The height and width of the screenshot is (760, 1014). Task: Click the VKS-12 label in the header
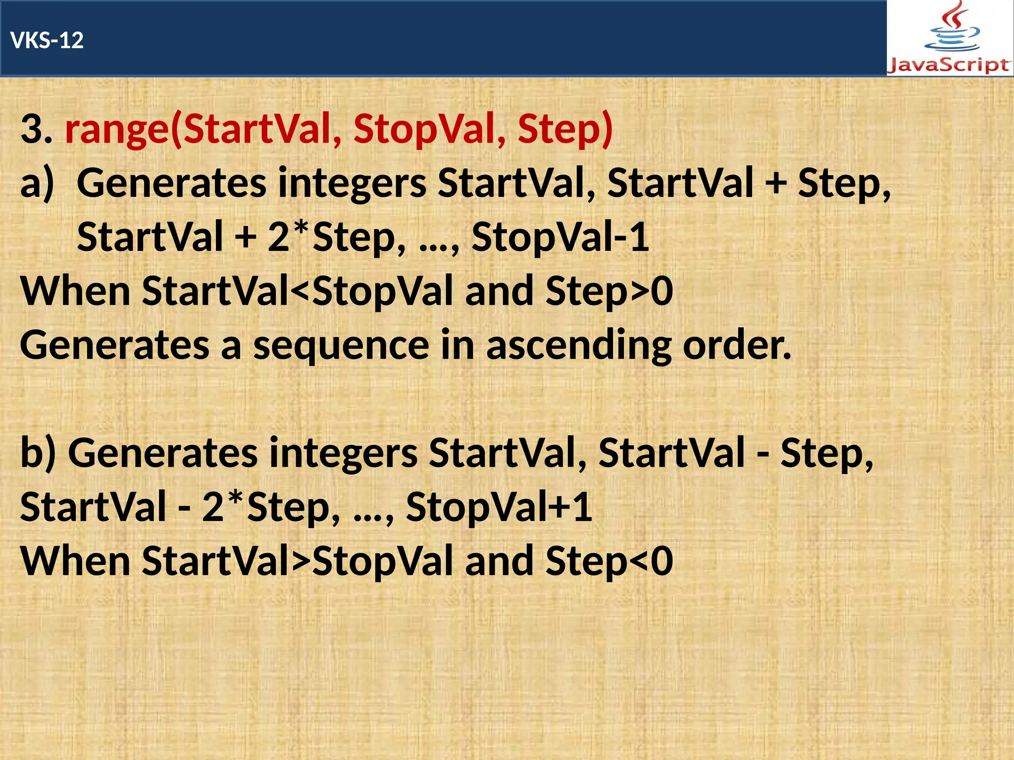point(47,40)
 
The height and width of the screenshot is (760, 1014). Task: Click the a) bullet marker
point(37,184)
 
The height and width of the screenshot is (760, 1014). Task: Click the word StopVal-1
point(560,238)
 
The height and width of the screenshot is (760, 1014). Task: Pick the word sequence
point(341,346)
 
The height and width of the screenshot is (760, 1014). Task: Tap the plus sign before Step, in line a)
point(775,184)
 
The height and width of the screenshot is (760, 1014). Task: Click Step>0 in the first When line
point(609,292)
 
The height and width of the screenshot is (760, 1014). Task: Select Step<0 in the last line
point(609,562)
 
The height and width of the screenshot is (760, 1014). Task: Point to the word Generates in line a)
point(171,184)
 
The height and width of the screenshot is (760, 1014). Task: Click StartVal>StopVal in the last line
point(298,562)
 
